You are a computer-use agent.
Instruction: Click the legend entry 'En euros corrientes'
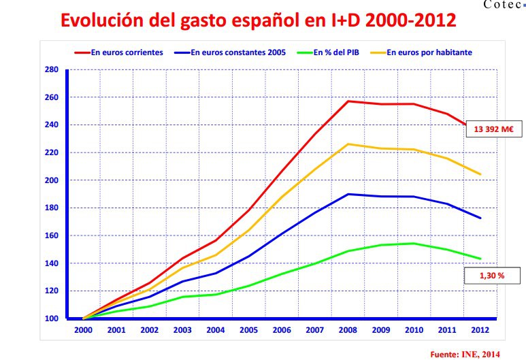pos(119,52)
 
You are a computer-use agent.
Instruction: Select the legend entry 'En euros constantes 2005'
pos(230,52)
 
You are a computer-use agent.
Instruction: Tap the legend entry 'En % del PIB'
pos(328,52)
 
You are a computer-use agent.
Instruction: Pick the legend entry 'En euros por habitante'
pos(421,52)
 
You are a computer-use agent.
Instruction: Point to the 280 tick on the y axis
pos(51,69)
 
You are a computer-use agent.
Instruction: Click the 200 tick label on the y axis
pos(51,180)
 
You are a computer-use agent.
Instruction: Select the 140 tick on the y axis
pos(51,263)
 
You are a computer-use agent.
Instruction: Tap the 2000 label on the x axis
pos(83,330)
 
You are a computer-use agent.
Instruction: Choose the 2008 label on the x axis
pos(348,330)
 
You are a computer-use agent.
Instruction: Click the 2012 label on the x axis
pos(480,330)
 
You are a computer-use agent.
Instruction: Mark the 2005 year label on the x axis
pos(248,330)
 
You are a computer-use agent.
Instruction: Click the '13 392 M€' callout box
pos(494,129)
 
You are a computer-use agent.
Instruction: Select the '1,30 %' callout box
pos(492,276)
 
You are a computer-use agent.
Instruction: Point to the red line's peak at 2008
pos(348,101)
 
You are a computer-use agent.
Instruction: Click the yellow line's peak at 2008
pos(348,144)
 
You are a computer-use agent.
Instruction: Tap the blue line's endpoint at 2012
pos(480,218)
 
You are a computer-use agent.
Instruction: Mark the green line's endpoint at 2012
pos(480,259)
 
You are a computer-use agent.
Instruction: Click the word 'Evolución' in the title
pos(103,20)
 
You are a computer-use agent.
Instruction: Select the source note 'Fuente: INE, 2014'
pos(465,355)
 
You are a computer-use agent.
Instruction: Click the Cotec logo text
pos(503,4)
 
